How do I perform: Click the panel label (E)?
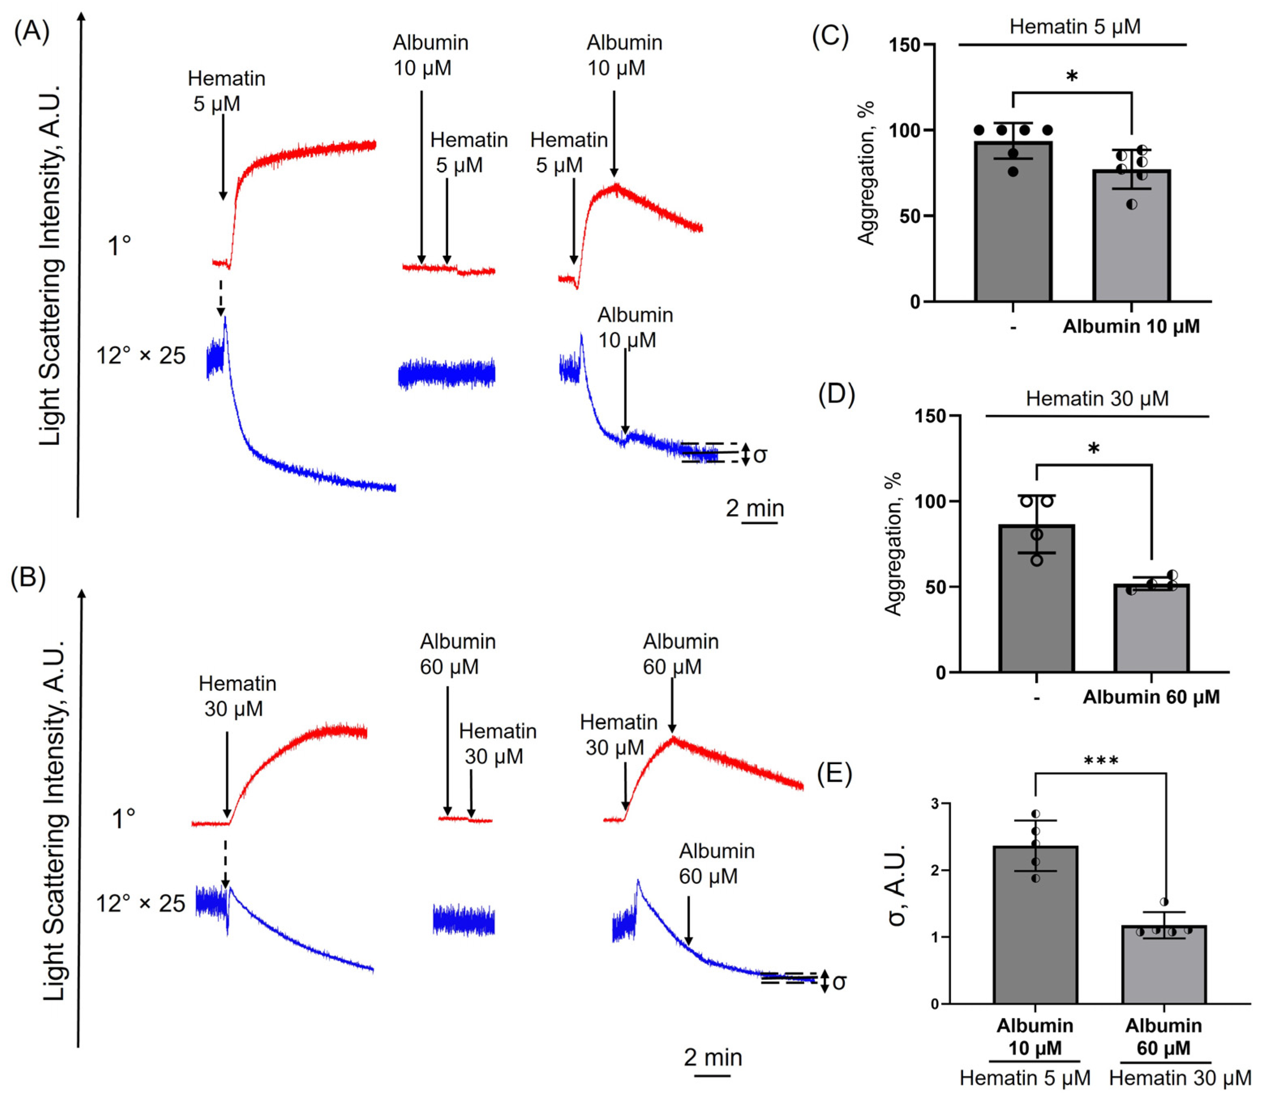(834, 774)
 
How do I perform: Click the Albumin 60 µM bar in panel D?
(1151, 633)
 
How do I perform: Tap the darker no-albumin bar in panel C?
(1013, 227)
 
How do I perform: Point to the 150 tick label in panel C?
(904, 45)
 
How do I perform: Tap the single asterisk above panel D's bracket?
(1094, 449)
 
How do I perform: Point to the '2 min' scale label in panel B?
(713, 1057)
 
